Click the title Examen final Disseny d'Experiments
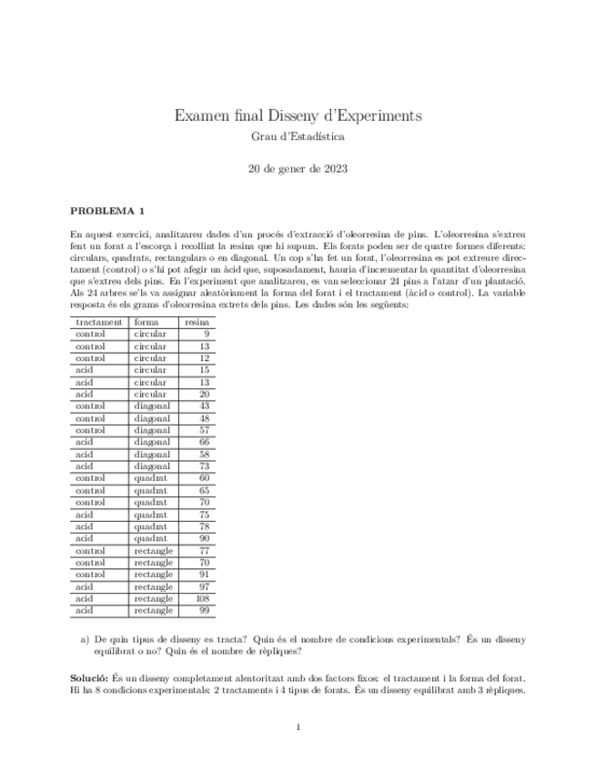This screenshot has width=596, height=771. [x=298, y=116]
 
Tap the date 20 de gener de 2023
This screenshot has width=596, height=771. [x=298, y=168]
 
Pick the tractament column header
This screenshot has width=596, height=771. [x=99, y=323]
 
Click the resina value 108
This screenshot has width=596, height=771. [x=202, y=600]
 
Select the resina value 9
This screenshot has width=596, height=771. [x=207, y=335]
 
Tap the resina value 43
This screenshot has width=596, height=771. [x=204, y=406]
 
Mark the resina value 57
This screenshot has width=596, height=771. [x=204, y=431]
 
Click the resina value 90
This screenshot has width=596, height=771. [x=204, y=539]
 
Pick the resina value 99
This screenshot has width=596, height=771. [x=204, y=612]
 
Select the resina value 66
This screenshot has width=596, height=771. [x=204, y=443]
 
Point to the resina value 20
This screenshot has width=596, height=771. [x=204, y=395]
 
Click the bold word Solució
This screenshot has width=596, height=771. [x=89, y=679]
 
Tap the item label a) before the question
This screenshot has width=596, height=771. [x=86, y=640]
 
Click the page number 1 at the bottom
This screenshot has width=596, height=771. [x=298, y=727]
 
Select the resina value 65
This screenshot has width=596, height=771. [x=204, y=491]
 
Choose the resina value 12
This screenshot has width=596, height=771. [x=204, y=358]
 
